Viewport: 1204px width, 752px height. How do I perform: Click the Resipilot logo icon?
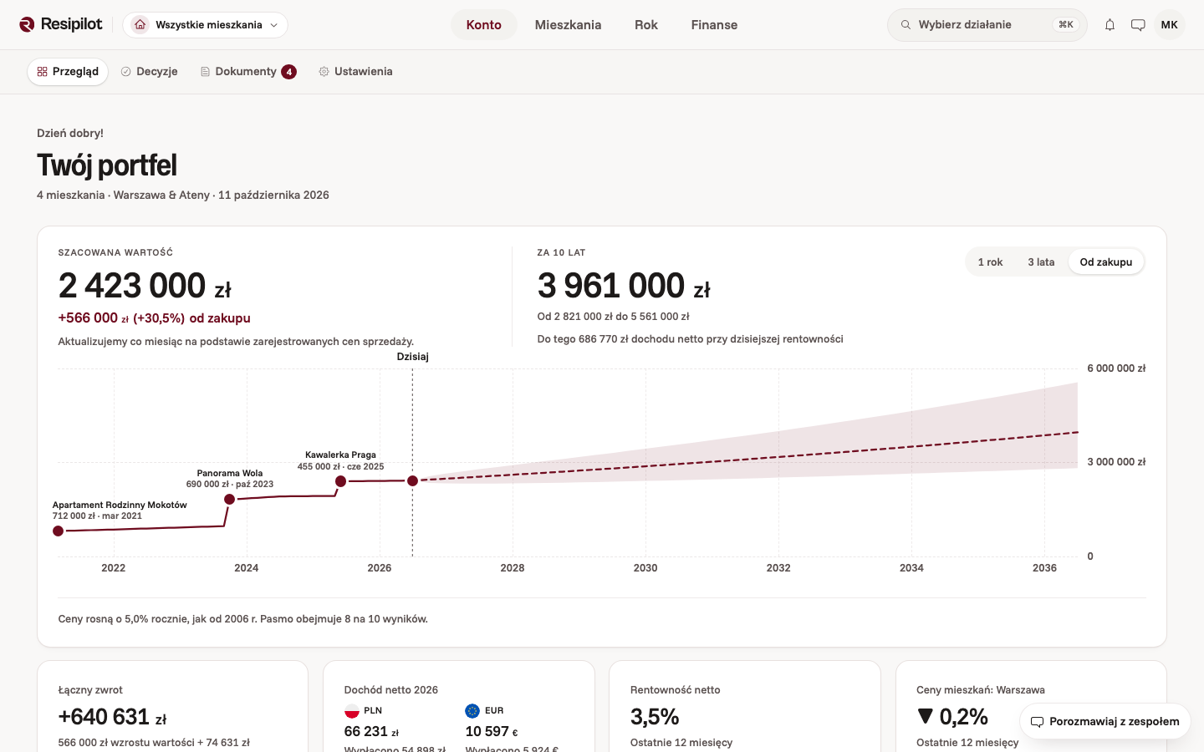(27, 25)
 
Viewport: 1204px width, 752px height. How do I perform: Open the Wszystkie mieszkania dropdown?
(206, 25)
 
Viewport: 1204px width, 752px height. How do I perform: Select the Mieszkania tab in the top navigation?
(568, 25)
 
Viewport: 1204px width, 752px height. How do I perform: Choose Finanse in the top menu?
(714, 25)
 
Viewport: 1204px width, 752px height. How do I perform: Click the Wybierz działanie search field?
(987, 25)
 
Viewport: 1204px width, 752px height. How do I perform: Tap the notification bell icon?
(1110, 25)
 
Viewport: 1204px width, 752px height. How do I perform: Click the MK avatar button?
(1169, 25)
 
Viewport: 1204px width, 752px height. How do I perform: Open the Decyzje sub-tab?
(150, 72)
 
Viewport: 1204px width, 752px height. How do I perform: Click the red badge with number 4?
(288, 72)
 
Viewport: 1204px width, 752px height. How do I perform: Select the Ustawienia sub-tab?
(355, 72)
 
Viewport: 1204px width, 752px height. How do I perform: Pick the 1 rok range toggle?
(990, 262)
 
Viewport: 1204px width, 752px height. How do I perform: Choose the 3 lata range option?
(1041, 262)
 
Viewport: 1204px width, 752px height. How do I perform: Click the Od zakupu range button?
(1105, 262)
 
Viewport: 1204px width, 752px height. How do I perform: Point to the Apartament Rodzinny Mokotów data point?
(58, 531)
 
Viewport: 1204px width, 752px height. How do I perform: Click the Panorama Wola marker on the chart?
(229, 500)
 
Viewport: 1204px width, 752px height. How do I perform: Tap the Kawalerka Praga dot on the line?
(341, 481)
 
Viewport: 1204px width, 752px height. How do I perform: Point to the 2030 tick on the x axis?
(645, 568)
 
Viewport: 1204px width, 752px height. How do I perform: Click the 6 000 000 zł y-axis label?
(1116, 368)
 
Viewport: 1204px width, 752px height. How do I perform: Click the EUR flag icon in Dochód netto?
(472, 710)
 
